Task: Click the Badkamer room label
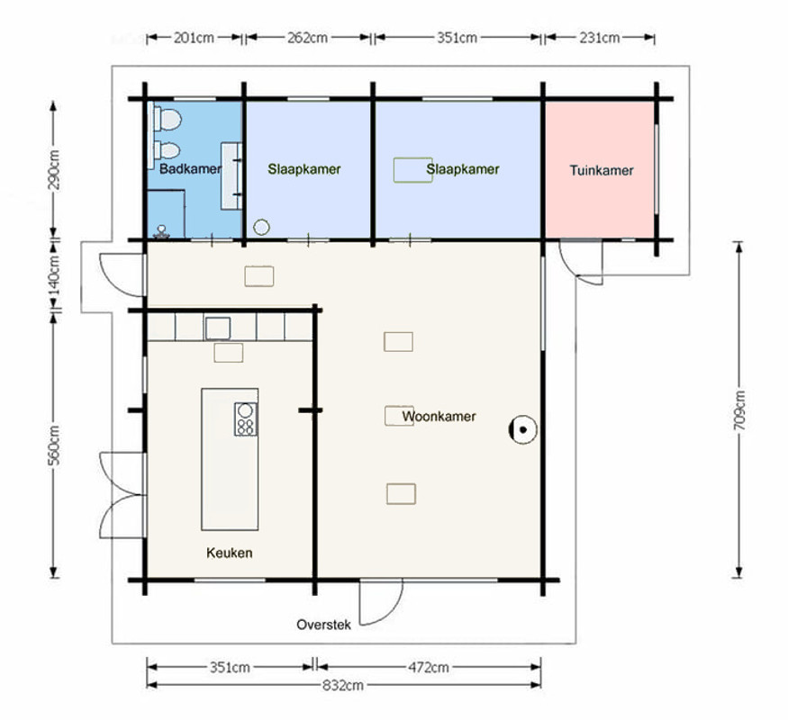click(x=190, y=168)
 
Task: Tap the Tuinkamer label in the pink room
click(x=601, y=170)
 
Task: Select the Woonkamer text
click(x=439, y=416)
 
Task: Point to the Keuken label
click(x=229, y=553)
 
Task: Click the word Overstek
click(x=323, y=625)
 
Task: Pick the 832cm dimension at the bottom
click(x=343, y=686)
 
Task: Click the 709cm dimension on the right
click(x=739, y=410)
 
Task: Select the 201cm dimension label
click(x=194, y=38)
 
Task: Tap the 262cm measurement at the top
click(x=308, y=38)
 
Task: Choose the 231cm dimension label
click(x=600, y=38)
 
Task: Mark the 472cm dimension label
click(x=428, y=667)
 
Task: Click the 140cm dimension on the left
click(x=54, y=275)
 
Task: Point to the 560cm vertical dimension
click(x=54, y=445)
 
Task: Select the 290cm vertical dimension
click(x=54, y=170)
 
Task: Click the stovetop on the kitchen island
click(x=245, y=418)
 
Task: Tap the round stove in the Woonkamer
click(x=522, y=430)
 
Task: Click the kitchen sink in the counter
click(x=218, y=328)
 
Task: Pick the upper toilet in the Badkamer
click(x=168, y=120)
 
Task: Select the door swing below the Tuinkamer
click(x=582, y=263)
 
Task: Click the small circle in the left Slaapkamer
click(x=261, y=227)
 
